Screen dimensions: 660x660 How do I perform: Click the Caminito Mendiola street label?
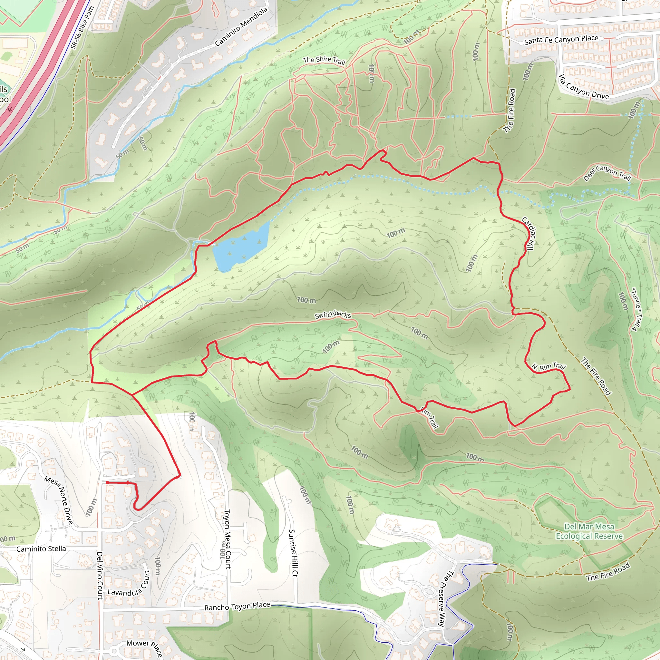(241, 27)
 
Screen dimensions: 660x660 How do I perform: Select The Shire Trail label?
(324, 61)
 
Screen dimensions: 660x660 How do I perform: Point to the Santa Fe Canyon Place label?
(561, 40)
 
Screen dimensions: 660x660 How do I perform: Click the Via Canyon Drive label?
(584, 87)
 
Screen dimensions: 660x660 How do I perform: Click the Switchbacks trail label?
(333, 315)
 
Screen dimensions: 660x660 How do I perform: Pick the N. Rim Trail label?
(548, 367)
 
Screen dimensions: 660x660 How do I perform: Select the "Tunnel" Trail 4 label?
(637, 309)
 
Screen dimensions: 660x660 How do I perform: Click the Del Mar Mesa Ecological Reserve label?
(589, 531)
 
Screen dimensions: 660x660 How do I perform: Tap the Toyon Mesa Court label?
(227, 539)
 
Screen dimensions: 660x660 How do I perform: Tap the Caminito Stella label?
(41, 549)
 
